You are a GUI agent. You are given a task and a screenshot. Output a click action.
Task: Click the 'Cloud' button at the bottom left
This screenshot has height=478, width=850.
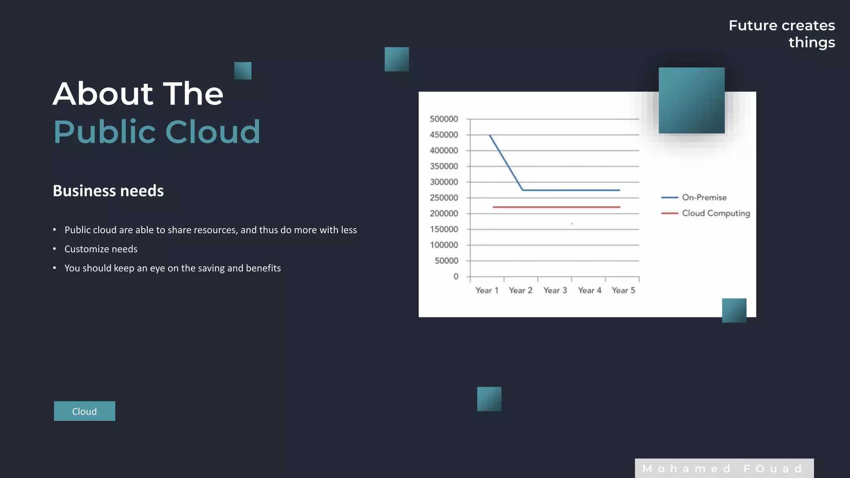[x=84, y=411]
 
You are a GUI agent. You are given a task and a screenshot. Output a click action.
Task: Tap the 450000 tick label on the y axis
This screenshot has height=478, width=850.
[x=444, y=135]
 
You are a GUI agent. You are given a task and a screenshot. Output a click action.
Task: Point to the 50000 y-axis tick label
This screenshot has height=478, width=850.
[x=446, y=261]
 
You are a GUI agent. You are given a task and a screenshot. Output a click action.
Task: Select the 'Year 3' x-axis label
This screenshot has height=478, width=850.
[x=555, y=290]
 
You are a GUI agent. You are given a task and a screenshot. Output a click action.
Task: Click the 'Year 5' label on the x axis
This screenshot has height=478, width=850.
[x=623, y=290]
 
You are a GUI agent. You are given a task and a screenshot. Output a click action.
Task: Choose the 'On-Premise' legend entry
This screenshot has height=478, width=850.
[x=704, y=198]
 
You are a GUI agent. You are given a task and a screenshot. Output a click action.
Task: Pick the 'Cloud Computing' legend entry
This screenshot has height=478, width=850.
[x=716, y=213]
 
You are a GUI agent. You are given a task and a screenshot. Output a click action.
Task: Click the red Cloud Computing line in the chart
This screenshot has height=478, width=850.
[x=556, y=207]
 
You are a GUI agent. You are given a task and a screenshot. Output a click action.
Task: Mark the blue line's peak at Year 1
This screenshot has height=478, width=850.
[x=490, y=135]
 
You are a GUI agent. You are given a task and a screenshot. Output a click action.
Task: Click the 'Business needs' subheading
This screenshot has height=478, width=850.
[x=108, y=191]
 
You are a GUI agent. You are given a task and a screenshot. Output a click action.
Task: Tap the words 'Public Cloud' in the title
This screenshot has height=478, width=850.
[x=157, y=132]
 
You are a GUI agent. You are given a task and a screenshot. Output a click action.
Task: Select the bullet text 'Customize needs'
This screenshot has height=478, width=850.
[x=101, y=249]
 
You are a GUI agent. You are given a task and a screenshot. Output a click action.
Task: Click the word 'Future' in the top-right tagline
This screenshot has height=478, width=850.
[x=752, y=26]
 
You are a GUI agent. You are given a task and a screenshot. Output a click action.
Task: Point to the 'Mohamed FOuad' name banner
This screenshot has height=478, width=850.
[x=724, y=468]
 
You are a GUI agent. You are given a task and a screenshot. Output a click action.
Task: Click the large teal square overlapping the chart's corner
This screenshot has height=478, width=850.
[x=691, y=100]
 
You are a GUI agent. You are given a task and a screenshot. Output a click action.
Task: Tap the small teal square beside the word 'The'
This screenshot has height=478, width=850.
[x=243, y=71]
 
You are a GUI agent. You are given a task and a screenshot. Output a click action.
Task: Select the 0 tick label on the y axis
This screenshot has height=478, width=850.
[x=456, y=277]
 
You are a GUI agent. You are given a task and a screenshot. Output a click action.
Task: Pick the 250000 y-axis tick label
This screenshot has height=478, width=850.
[x=444, y=198]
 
